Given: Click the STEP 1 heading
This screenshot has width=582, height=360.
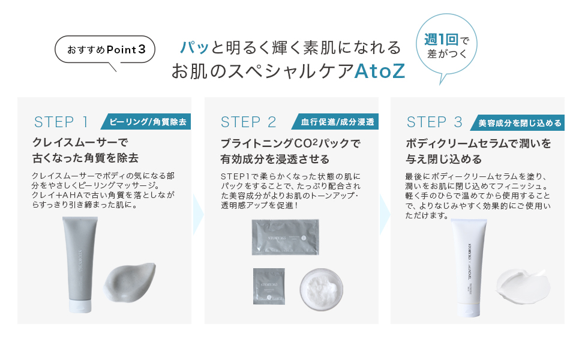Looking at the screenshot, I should (61, 122).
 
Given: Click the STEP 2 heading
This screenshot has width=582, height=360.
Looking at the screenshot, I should (248, 122).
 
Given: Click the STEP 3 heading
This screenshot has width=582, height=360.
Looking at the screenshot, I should (434, 122).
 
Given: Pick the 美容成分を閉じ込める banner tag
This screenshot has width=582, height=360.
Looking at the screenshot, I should (520, 123).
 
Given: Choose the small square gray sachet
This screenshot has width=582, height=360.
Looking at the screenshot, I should (269, 286).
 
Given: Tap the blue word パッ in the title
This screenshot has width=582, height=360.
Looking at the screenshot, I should (195, 47).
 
